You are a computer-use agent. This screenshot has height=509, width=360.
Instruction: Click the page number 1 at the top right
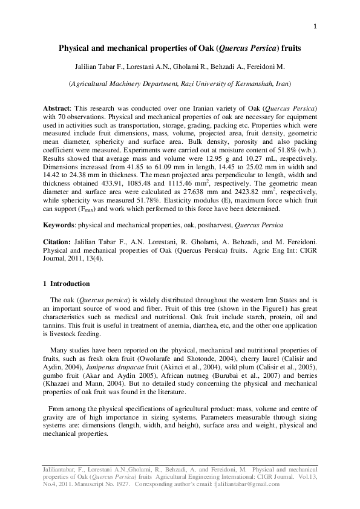coord(315,25)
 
